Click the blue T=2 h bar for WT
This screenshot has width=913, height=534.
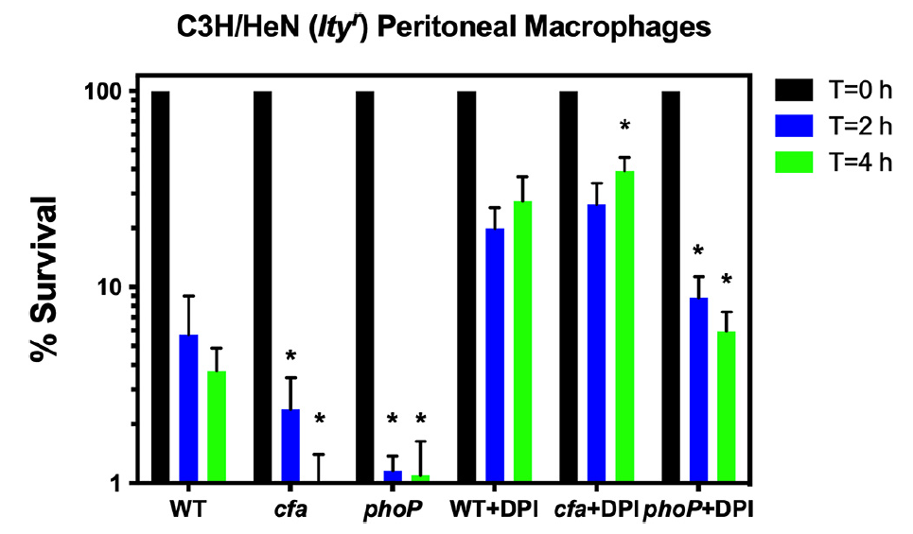click(188, 408)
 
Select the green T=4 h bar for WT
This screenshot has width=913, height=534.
click(217, 427)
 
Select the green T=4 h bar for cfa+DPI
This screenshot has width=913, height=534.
click(625, 326)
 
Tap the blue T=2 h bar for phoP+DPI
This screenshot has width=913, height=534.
click(699, 389)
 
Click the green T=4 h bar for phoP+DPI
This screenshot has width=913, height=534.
click(727, 406)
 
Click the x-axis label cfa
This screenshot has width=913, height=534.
click(290, 510)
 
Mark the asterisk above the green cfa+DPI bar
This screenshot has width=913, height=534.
click(624, 126)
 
